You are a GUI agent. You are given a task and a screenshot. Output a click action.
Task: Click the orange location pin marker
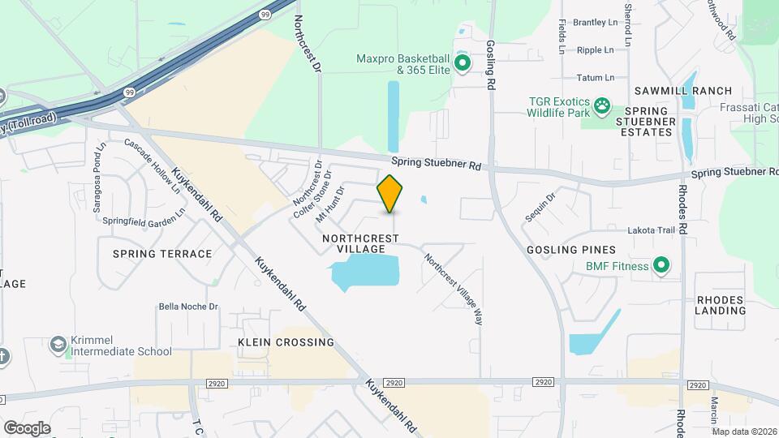click(x=390, y=193)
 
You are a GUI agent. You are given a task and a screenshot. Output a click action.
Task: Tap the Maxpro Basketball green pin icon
click(x=463, y=62)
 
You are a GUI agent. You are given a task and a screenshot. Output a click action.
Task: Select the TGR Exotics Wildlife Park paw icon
click(x=602, y=105)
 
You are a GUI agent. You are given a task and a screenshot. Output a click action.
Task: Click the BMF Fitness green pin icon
click(x=661, y=265)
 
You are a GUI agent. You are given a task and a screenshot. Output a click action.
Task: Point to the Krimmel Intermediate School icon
click(x=58, y=345)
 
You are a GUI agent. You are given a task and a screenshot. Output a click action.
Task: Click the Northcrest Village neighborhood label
click(x=360, y=243)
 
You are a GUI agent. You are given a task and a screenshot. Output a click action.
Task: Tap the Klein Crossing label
click(x=275, y=342)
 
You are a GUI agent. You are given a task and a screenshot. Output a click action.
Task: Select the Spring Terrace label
click(x=162, y=254)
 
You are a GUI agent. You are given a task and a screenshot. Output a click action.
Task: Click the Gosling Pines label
click(x=571, y=250)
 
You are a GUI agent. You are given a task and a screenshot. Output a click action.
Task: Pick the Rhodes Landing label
click(x=720, y=305)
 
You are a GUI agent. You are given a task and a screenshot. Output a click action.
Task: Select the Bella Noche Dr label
click(x=189, y=307)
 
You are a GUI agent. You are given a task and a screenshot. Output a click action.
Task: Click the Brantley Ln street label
click(x=595, y=23)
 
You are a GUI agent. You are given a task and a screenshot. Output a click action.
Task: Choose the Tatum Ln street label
click(x=595, y=77)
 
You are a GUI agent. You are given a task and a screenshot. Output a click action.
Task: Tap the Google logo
click(x=27, y=427)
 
